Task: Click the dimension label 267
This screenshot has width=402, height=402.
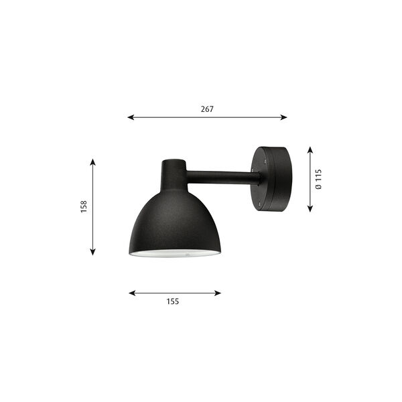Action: pos(207,109)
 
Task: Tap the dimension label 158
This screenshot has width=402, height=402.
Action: pos(82,207)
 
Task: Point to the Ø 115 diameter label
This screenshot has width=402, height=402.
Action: pos(319,180)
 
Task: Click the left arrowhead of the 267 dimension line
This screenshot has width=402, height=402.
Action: pos(130,117)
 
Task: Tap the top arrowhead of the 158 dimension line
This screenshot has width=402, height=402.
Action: pos(92,161)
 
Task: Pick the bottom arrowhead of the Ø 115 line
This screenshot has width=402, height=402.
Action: pos(310,209)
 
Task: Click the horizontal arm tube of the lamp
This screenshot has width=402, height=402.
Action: pos(221,178)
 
